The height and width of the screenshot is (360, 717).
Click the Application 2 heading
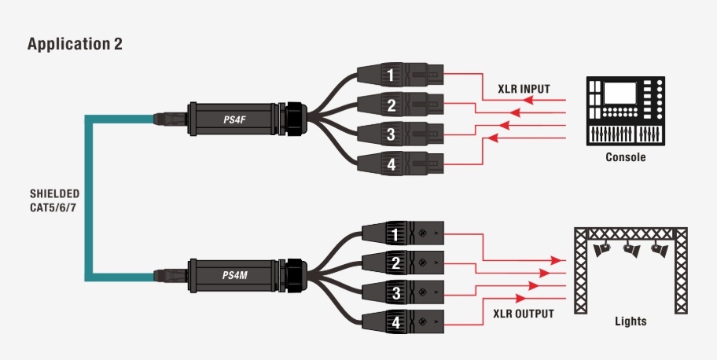pos(75,44)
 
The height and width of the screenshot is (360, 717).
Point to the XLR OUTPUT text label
pos(524,314)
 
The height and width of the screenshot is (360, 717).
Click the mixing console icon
pos(626,110)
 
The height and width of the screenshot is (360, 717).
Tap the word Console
pos(626,157)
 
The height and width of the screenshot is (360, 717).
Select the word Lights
pos(631,321)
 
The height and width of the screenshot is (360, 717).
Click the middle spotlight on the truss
pos(631,250)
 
